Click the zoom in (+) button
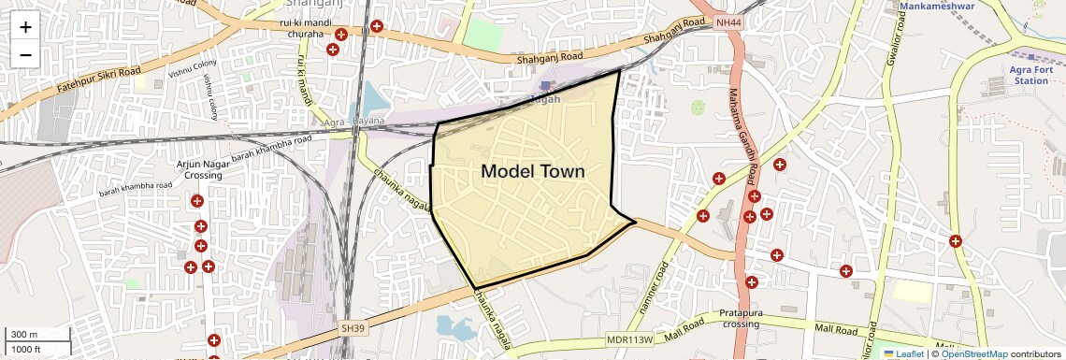[25, 27]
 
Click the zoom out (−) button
[25, 55]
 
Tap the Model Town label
[532, 171]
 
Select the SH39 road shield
[353, 329]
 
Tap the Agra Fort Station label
[1030, 75]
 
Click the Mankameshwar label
[937, 7]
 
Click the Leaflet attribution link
[903, 353]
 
